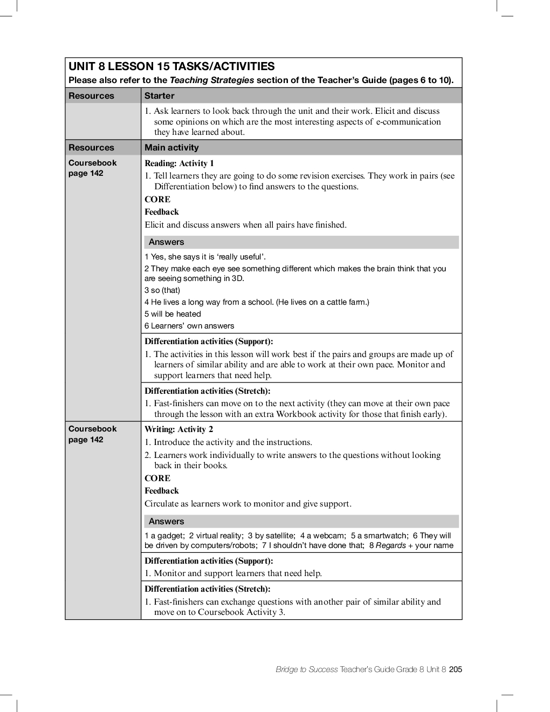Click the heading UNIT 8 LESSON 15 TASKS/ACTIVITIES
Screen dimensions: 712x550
tap(171, 66)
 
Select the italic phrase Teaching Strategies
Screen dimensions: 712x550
tap(212, 80)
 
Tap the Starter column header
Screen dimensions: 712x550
tap(159, 95)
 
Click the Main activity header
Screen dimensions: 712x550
tap(171, 147)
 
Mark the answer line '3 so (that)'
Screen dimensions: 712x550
tap(162, 290)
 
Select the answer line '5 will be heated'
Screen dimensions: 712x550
tap(173, 314)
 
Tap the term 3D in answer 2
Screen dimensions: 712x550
tap(237, 278)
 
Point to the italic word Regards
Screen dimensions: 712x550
tap(390, 545)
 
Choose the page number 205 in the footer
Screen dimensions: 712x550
tap(456, 669)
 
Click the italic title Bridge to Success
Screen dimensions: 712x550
tap(306, 669)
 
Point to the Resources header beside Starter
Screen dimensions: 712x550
tap(91, 95)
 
